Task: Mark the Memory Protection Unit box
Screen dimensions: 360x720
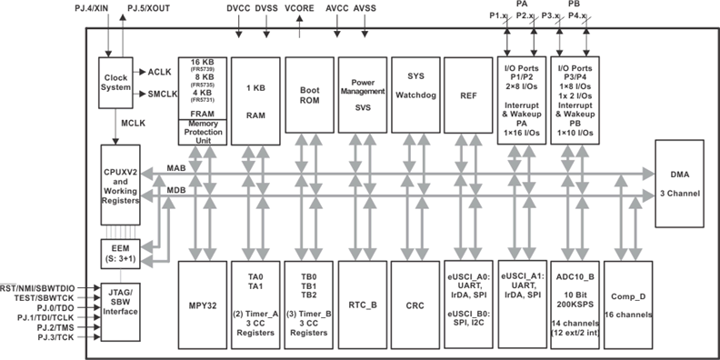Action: pos(203,131)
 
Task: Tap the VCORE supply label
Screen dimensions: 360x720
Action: pos(300,8)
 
